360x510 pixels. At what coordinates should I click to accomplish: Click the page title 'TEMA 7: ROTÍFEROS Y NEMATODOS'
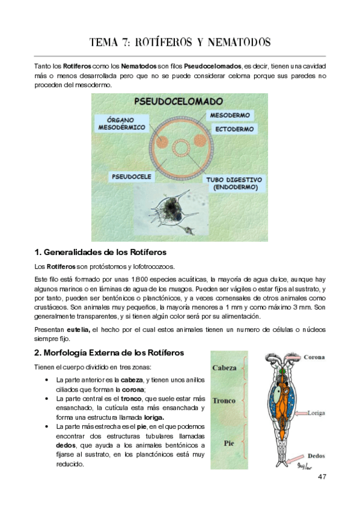point(180,42)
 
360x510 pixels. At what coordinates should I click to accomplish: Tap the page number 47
point(322,477)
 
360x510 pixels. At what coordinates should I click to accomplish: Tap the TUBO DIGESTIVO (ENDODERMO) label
point(233,183)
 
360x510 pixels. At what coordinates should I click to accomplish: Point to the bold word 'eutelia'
point(78,330)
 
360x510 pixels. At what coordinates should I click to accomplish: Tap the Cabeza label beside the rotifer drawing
point(225,367)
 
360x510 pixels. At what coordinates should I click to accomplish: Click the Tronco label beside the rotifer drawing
point(224,401)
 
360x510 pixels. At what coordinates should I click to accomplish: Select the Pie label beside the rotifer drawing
point(228,443)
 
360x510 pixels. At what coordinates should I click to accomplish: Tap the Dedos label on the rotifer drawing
point(316,456)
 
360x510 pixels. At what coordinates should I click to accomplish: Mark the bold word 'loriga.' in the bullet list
point(150,417)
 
